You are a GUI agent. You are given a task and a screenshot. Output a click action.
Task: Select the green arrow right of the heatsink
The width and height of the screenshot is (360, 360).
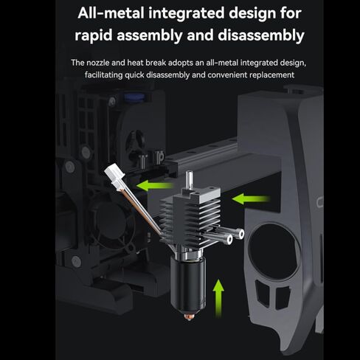pyautogui.click(x=248, y=198)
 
